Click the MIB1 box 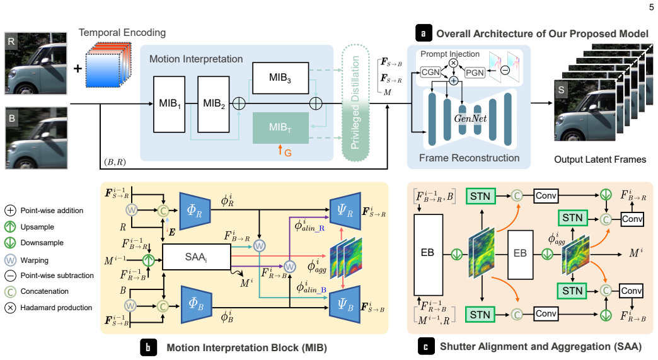click(x=169, y=104)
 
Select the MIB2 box click(x=213, y=104)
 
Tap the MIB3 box click(x=280, y=78)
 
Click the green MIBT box click(x=280, y=127)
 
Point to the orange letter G click(x=288, y=153)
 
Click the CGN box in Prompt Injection click(x=430, y=72)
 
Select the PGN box click(x=475, y=73)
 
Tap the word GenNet click(x=470, y=119)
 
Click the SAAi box click(x=196, y=257)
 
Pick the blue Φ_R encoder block click(x=195, y=211)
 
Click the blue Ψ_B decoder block click(x=345, y=304)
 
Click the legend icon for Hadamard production click(x=10, y=308)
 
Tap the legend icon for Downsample click(x=10, y=243)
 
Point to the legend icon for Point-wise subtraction click(x=10, y=276)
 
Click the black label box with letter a click(x=424, y=33)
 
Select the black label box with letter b click(x=148, y=347)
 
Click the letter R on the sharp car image click(x=11, y=41)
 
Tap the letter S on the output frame click(x=562, y=90)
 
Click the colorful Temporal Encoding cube click(x=108, y=64)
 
